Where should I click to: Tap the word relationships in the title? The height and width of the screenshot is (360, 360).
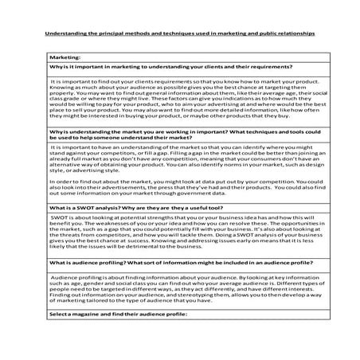point(292,34)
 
